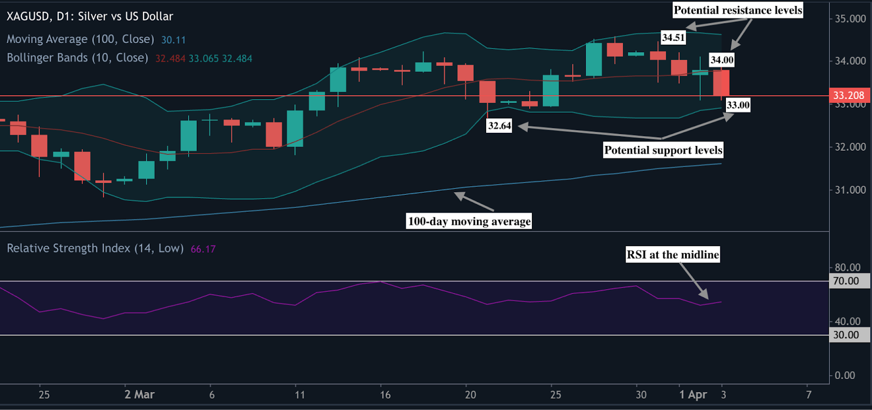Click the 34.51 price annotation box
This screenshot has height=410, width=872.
(x=673, y=38)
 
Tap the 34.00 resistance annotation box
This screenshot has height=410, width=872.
(x=722, y=60)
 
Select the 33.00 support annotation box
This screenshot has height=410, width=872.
(x=738, y=105)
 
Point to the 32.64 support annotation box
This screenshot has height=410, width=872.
(x=499, y=126)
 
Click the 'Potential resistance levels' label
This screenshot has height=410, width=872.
(x=738, y=10)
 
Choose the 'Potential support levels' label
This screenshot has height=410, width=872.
(x=663, y=150)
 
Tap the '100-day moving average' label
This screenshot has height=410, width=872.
(x=469, y=221)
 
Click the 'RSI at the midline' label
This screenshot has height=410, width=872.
(x=673, y=255)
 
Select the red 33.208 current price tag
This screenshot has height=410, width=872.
(x=849, y=96)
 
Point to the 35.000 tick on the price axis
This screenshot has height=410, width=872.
(x=850, y=19)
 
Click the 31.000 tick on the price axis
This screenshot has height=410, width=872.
(x=850, y=190)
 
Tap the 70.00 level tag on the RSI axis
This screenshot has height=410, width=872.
(x=846, y=281)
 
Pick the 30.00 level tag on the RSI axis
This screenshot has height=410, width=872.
(x=846, y=335)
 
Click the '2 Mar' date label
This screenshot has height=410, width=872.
(x=140, y=395)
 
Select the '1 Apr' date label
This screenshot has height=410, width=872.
(x=693, y=395)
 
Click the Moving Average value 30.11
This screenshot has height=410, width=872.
(x=173, y=40)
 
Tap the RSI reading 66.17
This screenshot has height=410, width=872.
(x=203, y=249)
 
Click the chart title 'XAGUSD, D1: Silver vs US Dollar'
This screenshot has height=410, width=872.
(x=90, y=16)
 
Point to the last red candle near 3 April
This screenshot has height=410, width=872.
(x=721, y=83)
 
